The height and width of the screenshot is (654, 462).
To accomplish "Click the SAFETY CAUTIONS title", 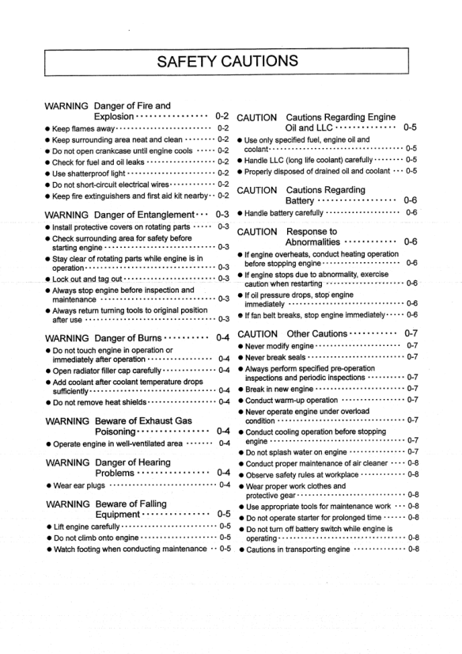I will pyautogui.click(x=230, y=61).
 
